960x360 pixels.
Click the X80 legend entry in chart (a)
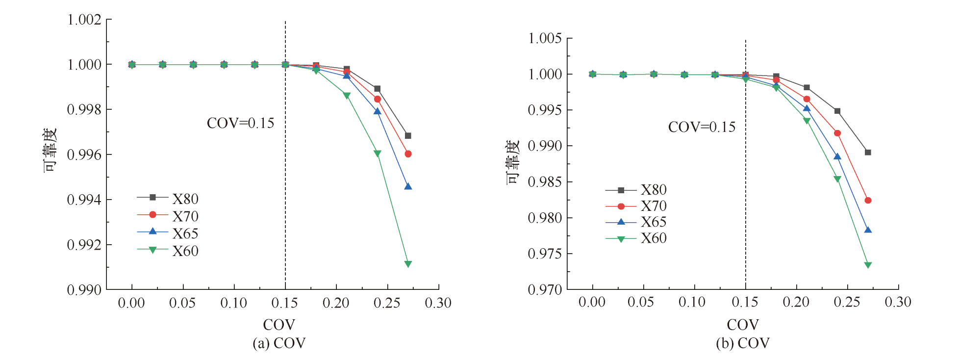168,198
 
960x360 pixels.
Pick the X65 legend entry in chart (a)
168,233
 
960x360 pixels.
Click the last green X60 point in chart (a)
408,264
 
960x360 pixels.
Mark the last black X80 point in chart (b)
868,153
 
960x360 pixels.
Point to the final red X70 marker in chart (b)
868,200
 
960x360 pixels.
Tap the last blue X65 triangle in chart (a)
408,186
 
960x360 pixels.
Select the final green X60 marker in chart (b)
868,265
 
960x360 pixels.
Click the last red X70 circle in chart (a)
408,154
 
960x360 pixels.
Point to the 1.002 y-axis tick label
84,20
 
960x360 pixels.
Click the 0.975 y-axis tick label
545,254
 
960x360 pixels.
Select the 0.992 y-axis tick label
84,245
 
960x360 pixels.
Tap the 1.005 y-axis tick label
545,38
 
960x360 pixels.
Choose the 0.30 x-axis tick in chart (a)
438,303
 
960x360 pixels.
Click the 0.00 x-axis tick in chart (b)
592,302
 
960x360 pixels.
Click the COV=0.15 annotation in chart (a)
240,123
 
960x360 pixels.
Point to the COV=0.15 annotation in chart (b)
702,128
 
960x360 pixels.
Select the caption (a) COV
279,343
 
